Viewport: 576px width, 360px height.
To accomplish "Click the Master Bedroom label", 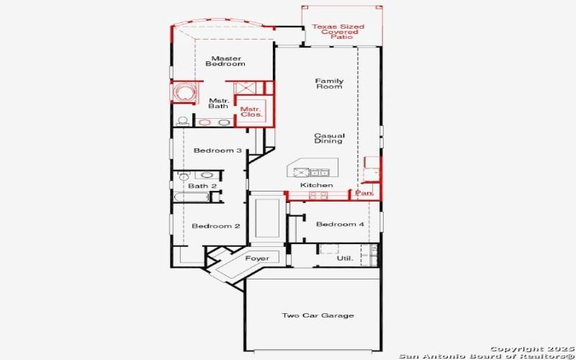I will point(225,61).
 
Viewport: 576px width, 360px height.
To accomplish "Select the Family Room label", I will point(329,84).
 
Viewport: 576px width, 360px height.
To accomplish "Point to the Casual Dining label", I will point(329,138).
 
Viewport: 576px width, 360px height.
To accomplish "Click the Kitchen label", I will point(316,185).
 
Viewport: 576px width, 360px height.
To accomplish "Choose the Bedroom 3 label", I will point(217,150).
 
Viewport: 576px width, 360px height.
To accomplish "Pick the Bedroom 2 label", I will point(216,226).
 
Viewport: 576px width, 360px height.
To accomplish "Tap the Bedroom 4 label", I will point(340,225).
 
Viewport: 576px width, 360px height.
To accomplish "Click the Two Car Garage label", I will point(318,315).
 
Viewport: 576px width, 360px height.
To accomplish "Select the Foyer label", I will point(257,258).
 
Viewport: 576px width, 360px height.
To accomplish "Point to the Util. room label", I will point(345,258).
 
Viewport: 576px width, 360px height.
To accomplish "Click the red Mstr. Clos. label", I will point(251,112).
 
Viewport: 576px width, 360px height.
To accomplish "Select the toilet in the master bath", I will point(183,121).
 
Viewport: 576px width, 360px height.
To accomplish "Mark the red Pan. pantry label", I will point(364,194).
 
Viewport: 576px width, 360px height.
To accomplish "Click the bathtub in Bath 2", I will point(192,197).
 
